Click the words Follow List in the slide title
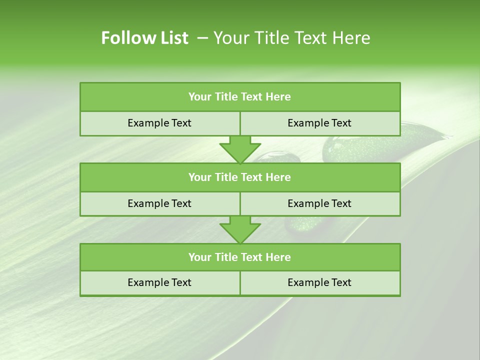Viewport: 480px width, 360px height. click(x=144, y=38)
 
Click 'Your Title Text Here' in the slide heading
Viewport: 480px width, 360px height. click(x=291, y=38)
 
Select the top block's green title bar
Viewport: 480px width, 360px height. click(x=240, y=97)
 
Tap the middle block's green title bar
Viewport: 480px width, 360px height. click(x=240, y=177)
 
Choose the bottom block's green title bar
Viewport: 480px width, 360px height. click(x=240, y=257)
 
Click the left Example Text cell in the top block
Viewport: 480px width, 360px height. click(x=159, y=123)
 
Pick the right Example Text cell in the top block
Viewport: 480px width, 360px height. click(x=319, y=123)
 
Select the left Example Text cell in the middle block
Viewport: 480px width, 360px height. click(x=159, y=203)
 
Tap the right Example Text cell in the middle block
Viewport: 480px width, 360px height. click(x=319, y=203)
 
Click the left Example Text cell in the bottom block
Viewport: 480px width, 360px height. click(x=159, y=282)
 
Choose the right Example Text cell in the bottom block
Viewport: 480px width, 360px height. click(x=319, y=282)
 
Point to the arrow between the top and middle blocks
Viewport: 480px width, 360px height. click(x=240, y=149)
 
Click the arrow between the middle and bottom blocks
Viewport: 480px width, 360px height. click(x=240, y=229)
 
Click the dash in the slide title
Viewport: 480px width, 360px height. click(x=202, y=38)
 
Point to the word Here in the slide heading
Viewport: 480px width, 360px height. click(x=353, y=38)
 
